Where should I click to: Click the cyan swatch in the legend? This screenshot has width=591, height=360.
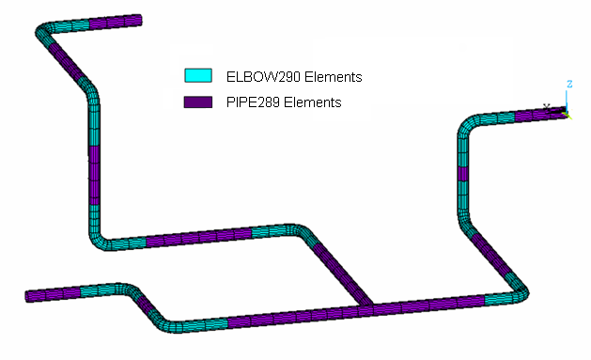pos(197,76)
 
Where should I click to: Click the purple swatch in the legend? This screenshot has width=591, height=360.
pos(197,101)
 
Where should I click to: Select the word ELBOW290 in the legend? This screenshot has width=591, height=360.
pos(255,76)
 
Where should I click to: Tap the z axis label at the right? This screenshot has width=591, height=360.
pos(569,85)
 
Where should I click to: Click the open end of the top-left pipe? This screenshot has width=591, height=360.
pos(140,19)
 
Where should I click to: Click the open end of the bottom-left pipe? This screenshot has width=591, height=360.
pos(28,297)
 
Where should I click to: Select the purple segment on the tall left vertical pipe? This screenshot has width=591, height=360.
pos(94,179)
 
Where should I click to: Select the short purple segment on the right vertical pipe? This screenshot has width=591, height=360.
pos(461,173)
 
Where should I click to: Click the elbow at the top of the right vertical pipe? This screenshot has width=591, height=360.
pos(467,123)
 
